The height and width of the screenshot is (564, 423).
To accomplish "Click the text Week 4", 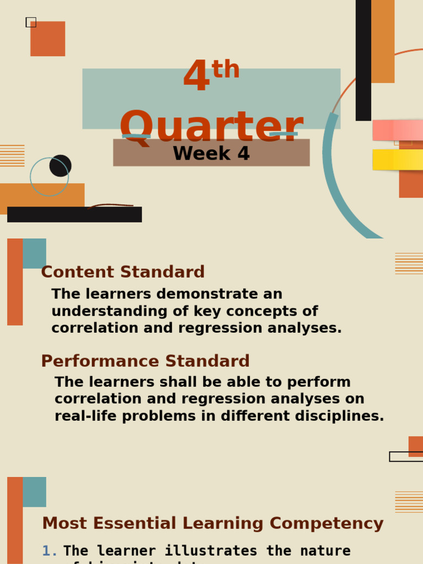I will [211, 154].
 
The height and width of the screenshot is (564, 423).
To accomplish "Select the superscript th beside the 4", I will [225, 70].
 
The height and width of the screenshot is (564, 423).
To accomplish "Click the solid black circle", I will [61, 166].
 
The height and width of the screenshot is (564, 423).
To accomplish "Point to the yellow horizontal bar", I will [397, 160].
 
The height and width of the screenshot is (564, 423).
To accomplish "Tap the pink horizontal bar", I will [397, 131].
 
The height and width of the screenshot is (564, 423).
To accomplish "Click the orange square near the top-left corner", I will [48, 39].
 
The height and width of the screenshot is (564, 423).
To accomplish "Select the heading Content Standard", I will [123, 272].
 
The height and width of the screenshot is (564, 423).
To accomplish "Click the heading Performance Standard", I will [145, 361].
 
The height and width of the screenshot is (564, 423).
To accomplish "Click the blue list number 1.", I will [48, 551].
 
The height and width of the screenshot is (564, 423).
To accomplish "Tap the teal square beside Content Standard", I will [34, 253].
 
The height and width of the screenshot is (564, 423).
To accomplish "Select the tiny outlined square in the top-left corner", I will [31, 22].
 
